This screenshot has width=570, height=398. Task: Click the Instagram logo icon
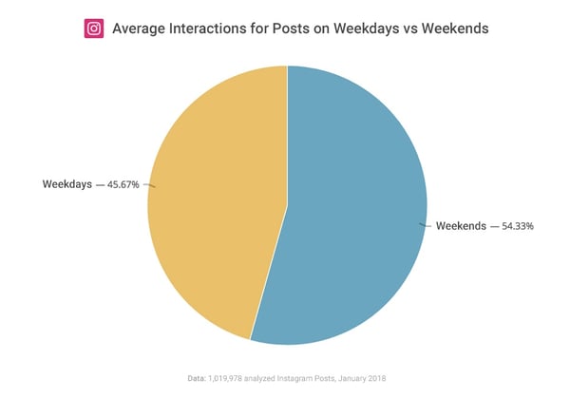tap(94, 28)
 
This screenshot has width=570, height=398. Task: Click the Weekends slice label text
tap(461, 226)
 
